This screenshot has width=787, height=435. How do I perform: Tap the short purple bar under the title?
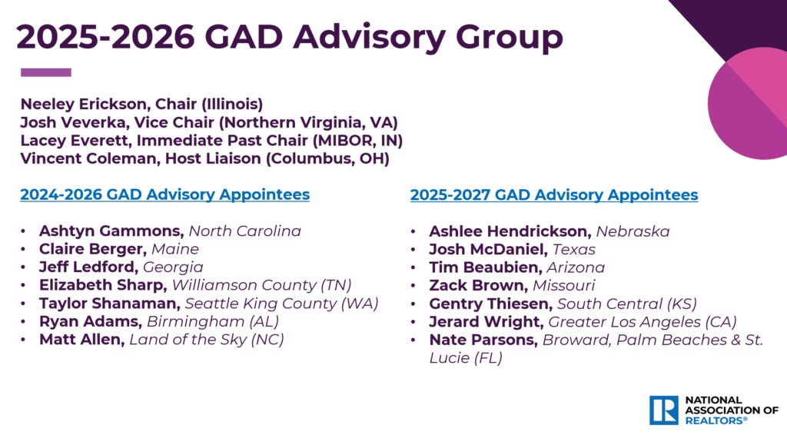(45, 72)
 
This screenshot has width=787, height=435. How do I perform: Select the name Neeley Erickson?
(83, 104)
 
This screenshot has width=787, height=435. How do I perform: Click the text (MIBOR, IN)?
(357, 141)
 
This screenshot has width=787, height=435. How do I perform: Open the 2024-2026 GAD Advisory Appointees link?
(165, 194)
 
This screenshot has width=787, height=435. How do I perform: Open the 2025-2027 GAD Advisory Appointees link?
(554, 194)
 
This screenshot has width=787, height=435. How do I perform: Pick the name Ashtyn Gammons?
(111, 231)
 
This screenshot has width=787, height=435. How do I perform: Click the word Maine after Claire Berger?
(175, 249)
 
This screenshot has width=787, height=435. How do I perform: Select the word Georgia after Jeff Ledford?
(173, 267)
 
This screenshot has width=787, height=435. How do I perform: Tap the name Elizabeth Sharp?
(103, 285)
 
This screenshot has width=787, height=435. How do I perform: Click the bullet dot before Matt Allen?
(23, 340)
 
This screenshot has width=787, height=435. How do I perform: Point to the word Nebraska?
(633, 231)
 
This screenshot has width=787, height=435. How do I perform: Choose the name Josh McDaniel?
(488, 249)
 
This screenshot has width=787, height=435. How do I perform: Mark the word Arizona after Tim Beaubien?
(576, 267)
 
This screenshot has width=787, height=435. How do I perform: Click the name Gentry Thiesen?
(490, 304)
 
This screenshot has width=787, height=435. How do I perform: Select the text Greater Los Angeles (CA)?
(643, 322)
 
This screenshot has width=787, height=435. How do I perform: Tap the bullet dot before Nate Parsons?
(413, 340)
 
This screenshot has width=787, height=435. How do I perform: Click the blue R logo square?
(663, 410)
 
